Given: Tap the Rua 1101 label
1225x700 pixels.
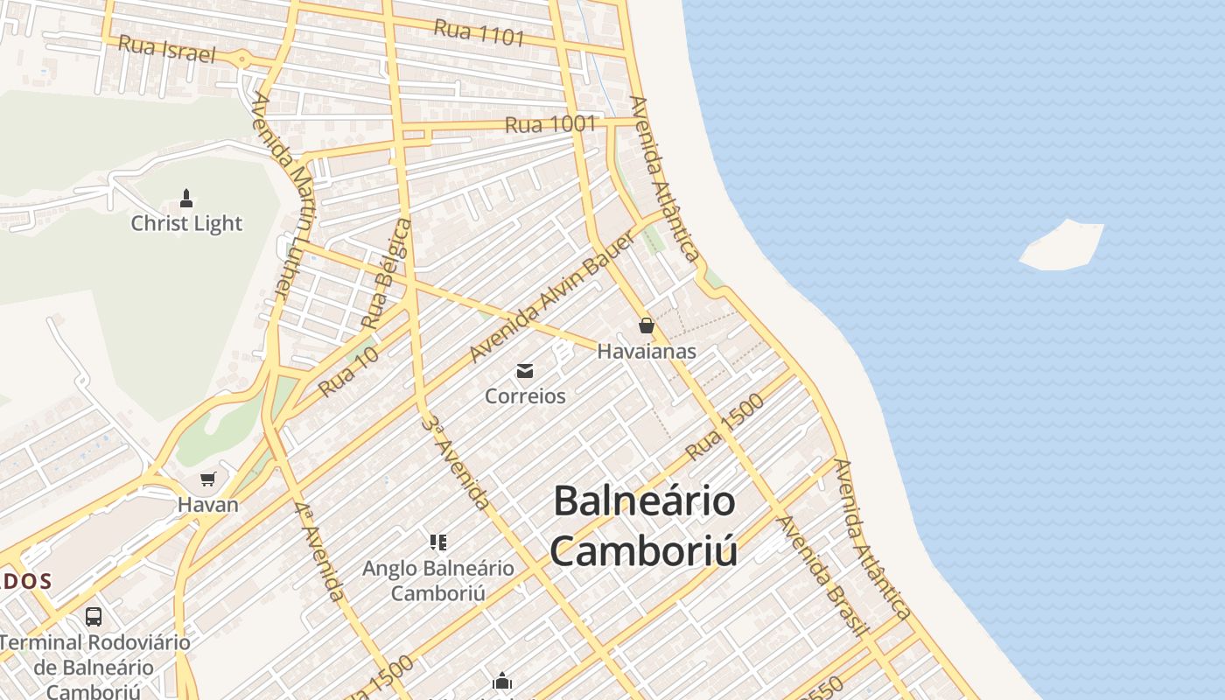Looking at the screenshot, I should pyautogui.click(x=479, y=32).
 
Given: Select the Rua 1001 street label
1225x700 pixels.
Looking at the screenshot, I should pyautogui.click(x=550, y=124).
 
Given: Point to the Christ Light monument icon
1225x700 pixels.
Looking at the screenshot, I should pyautogui.click(x=185, y=199).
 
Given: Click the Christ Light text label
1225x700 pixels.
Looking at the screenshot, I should pyautogui.click(x=186, y=223).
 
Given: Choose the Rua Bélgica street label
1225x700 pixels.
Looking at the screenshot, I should pyautogui.click(x=388, y=274).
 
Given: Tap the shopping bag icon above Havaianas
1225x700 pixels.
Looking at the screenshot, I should pyautogui.click(x=646, y=325).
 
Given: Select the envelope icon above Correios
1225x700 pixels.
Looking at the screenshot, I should pyautogui.click(x=525, y=371).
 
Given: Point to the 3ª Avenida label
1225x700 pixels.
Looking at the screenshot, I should pyautogui.click(x=454, y=462).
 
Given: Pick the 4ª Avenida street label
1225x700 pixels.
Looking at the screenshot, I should pyautogui.click(x=318, y=551).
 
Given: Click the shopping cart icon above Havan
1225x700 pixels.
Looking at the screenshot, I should pyautogui.click(x=207, y=479).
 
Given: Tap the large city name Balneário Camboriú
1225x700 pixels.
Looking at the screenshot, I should pyautogui.click(x=644, y=526).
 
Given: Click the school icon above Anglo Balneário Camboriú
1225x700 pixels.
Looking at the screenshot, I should pyautogui.click(x=437, y=542).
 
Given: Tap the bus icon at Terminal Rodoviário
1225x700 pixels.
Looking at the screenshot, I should pyautogui.click(x=94, y=616).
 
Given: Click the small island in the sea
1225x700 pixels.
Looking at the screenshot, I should pyautogui.click(x=1061, y=246).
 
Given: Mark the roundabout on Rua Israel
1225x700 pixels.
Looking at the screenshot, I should pyautogui.click(x=242, y=59).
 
